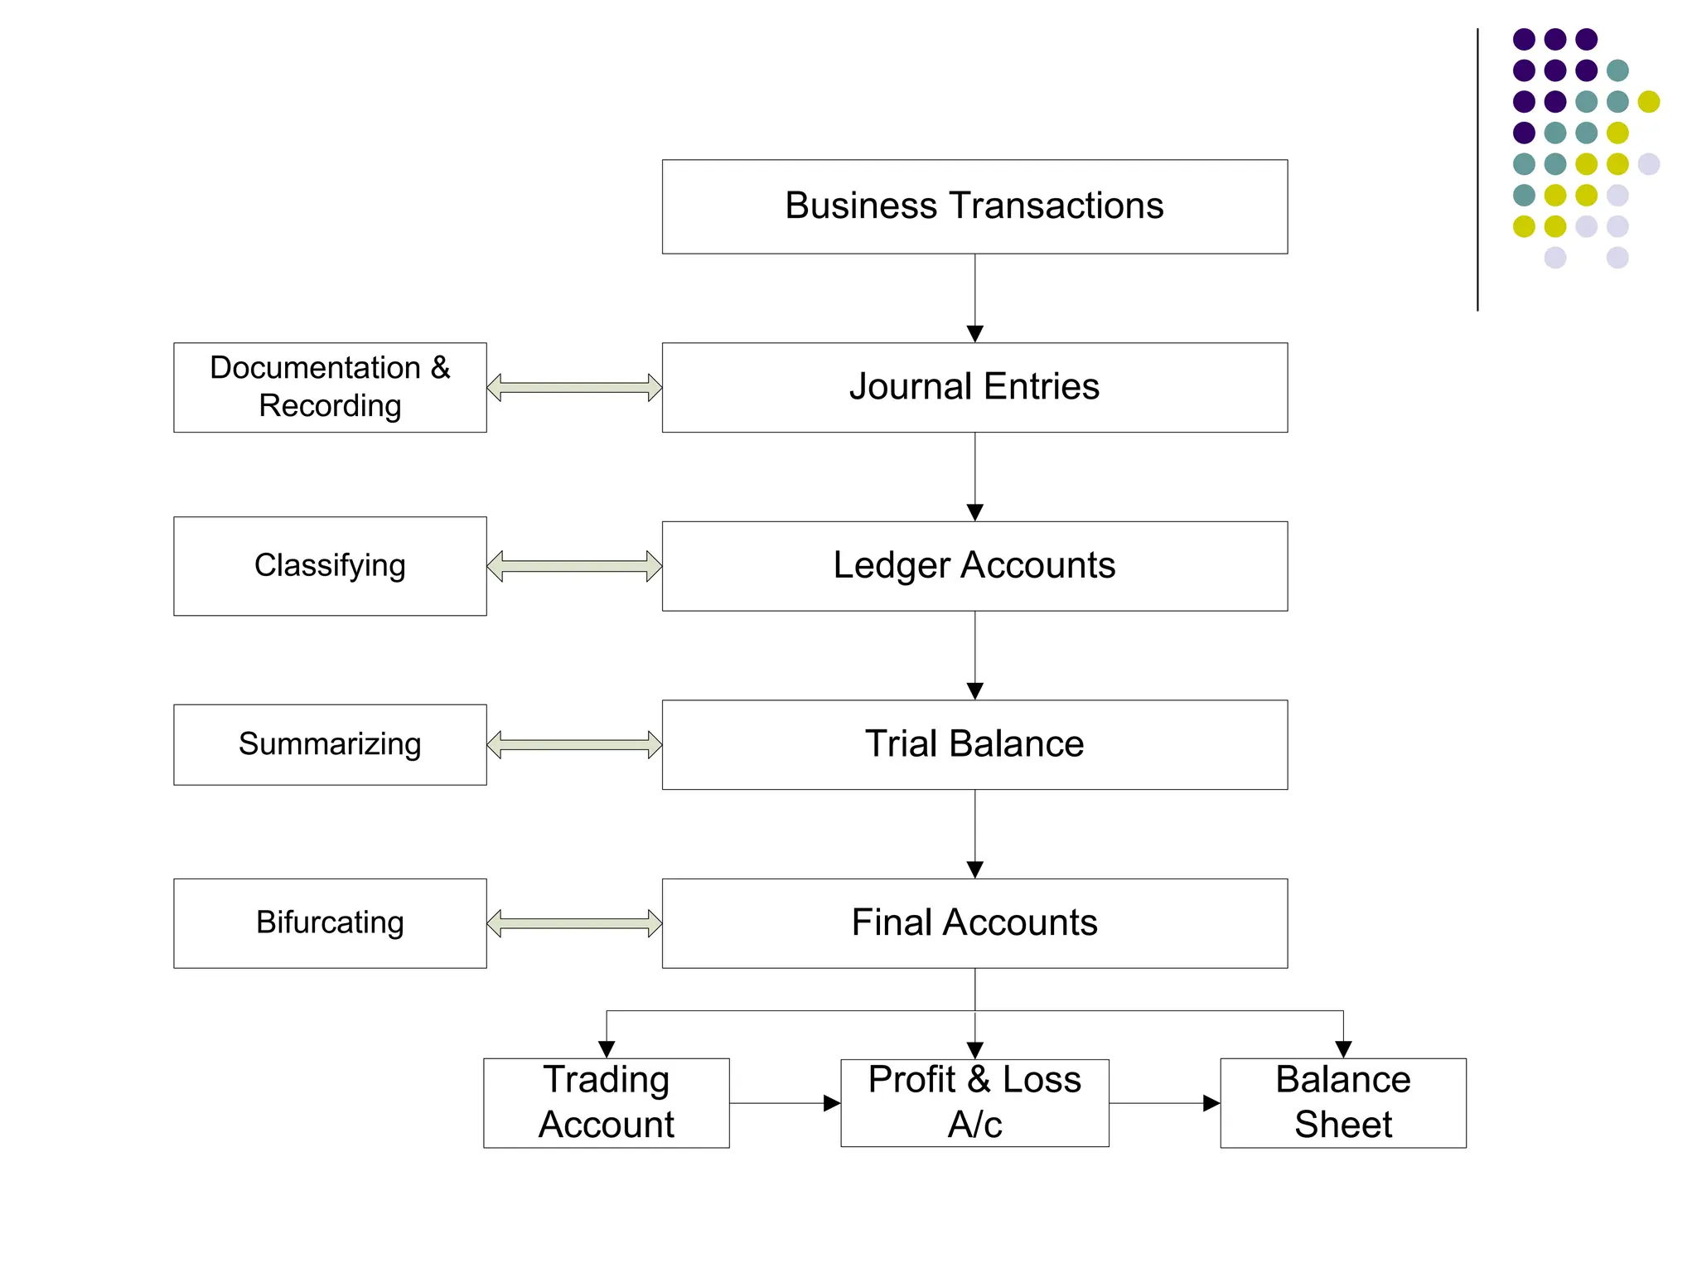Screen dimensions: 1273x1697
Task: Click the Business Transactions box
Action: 974,206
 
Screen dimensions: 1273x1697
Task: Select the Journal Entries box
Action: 974,387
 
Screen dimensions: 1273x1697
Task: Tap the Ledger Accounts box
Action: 974,566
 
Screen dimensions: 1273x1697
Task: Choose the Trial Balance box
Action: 974,744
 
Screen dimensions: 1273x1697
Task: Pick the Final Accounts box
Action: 974,923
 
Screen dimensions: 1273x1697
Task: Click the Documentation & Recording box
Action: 330,387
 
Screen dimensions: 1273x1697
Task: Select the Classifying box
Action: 330,566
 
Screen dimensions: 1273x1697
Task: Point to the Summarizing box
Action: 330,744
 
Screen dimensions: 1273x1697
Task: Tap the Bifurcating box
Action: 330,923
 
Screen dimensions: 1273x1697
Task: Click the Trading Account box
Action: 606,1102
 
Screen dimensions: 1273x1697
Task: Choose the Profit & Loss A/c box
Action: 974,1102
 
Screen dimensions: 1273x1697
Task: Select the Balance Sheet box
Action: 1342,1102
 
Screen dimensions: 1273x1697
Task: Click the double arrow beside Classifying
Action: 574,566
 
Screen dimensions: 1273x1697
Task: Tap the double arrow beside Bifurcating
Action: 574,923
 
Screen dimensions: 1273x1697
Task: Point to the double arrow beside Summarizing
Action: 574,744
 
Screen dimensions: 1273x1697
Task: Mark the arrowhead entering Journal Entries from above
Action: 975,334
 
